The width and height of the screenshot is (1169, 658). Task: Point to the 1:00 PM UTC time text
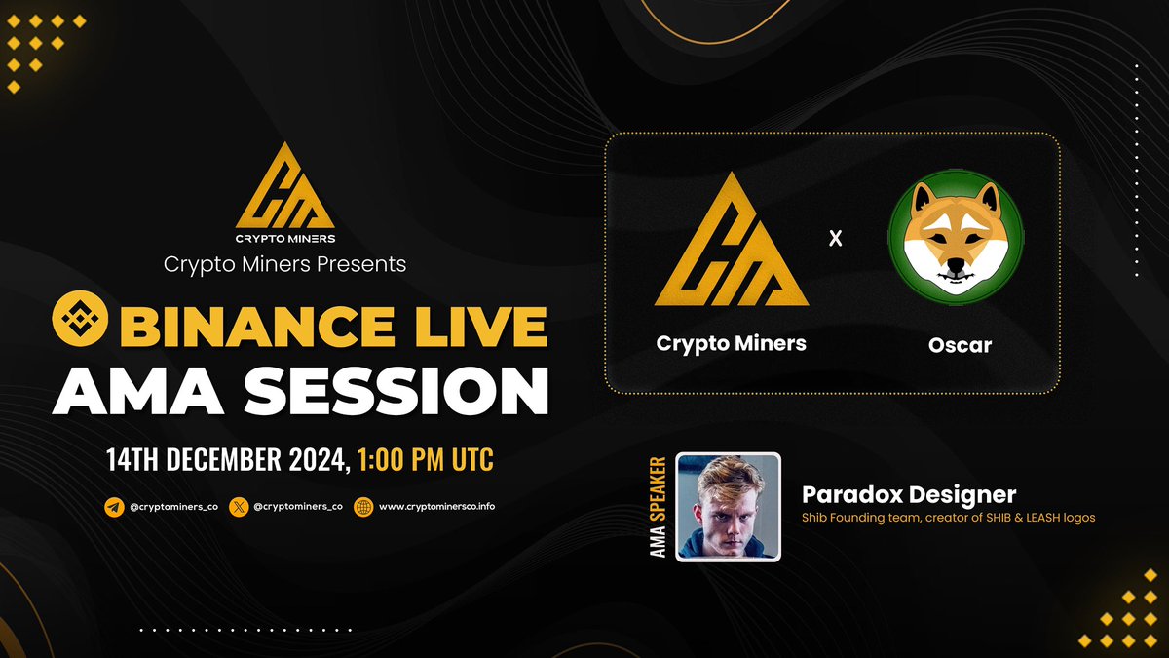point(426,456)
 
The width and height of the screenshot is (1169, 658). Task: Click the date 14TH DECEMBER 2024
point(228,456)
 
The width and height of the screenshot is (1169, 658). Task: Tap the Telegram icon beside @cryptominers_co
point(115,507)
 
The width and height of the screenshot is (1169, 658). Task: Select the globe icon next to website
point(364,507)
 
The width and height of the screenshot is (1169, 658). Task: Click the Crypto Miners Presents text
point(284,263)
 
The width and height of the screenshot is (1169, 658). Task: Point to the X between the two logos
point(835,238)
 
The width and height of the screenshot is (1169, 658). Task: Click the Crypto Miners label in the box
point(731,343)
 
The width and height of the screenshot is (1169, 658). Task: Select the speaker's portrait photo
point(728,507)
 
